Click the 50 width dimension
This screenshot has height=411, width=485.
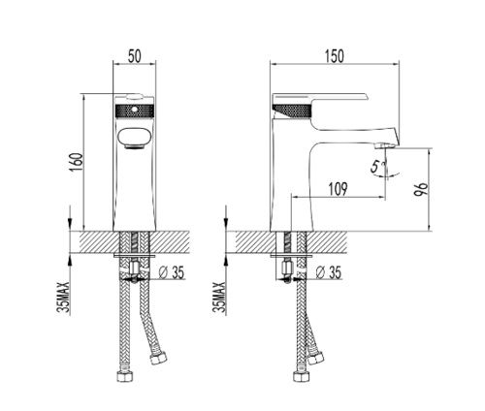[135, 56]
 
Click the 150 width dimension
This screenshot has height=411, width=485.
[335, 56]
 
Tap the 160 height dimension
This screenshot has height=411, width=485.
[77, 162]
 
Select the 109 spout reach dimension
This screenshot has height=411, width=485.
[338, 189]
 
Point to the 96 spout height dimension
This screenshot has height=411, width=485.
[421, 189]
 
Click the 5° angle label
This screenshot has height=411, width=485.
[377, 167]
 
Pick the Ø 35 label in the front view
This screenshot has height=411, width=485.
[172, 272]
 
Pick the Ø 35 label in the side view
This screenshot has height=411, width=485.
[328, 272]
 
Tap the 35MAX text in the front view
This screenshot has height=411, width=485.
[63, 298]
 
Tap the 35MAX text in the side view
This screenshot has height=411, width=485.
[219, 298]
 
